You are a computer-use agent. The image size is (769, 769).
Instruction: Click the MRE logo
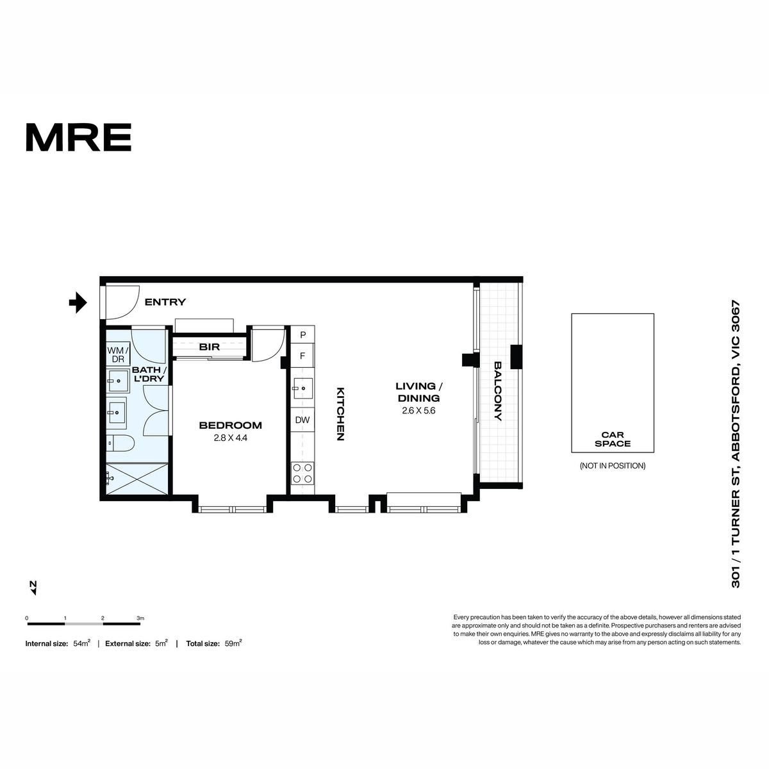(x=79, y=137)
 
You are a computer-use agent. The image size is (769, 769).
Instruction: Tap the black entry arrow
(x=78, y=302)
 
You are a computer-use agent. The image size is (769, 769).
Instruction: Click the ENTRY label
(x=165, y=302)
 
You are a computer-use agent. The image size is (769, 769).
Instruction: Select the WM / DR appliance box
(x=118, y=353)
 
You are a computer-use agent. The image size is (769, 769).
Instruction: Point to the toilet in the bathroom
(x=121, y=443)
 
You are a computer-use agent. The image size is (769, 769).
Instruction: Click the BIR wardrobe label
(x=210, y=347)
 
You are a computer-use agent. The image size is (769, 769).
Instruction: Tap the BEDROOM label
(x=231, y=426)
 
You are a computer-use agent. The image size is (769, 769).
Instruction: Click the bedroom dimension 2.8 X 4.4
(x=231, y=438)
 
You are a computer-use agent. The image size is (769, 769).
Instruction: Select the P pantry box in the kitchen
(x=302, y=335)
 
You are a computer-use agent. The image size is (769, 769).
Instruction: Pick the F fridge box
(x=302, y=356)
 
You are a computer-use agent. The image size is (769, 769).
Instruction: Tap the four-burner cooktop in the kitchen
(x=302, y=473)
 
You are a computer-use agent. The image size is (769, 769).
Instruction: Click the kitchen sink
(x=302, y=388)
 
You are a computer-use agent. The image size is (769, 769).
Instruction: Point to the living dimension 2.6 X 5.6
(x=418, y=411)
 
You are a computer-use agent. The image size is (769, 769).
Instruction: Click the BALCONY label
(x=498, y=391)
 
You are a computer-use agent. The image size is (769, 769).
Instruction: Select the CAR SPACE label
(x=613, y=439)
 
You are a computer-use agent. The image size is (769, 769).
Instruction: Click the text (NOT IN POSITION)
(x=613, y=465)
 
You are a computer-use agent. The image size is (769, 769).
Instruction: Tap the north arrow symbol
(x=33, y=588)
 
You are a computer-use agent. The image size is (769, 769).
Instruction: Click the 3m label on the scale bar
(x=140, y=618)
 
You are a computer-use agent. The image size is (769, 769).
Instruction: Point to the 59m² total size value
(x=233, y=643)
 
